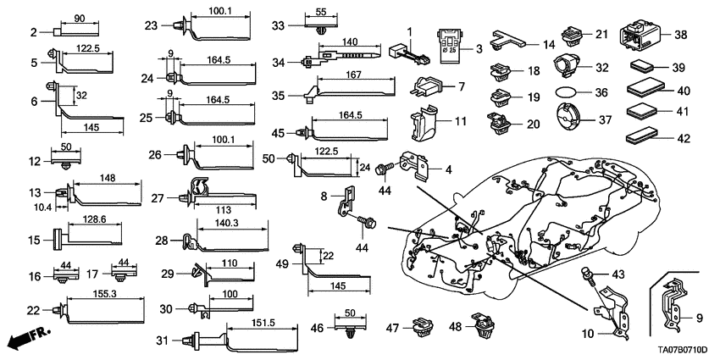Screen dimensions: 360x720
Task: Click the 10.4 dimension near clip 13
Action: point(42,207)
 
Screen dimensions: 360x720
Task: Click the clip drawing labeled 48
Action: point(483,323)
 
